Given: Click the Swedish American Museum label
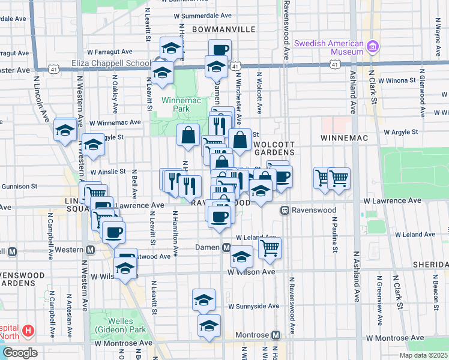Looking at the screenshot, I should [x=330, y=47].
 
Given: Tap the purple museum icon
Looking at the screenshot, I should [x=372, y=46].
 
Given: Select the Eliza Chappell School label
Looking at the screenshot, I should [x=119, y=63].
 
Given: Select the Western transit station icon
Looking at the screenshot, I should [x=91, y=250].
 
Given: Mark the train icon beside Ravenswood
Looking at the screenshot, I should [x=284, y=211].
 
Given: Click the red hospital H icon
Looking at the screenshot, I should [x=28, y=331].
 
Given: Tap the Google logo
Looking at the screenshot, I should [x=20, y=352].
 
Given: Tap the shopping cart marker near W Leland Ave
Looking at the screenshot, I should [x=270, y=247].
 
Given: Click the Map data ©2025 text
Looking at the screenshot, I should [x=423, y=355].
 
